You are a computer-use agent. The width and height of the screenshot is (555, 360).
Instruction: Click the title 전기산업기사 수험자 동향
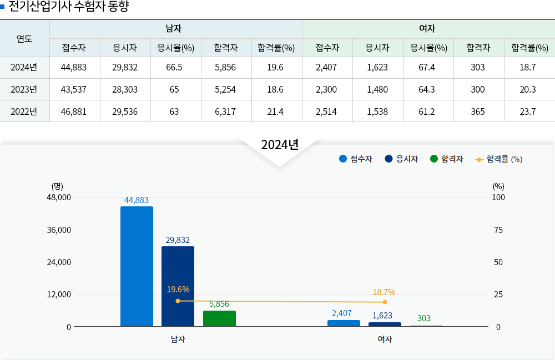(x=69, y=7)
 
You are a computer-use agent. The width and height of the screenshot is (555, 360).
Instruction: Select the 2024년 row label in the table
(x=24, y=68)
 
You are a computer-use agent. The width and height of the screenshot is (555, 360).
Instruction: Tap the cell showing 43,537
(x=74, y=89)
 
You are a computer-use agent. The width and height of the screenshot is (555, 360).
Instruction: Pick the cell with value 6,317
(x=225, y=111)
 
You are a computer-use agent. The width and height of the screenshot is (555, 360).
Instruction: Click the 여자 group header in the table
(x=427, y=28)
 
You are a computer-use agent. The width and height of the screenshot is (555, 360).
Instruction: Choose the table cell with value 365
(x=478, y=111)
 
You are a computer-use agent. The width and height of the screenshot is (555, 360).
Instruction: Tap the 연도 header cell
(x=24, y=38)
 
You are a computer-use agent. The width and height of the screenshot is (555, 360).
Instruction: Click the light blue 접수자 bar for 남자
(x=137, y=266)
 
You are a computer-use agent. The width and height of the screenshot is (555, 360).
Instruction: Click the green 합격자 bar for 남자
(x=219, y=318)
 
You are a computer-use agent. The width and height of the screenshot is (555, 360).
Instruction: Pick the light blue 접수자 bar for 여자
(x=344, y=323)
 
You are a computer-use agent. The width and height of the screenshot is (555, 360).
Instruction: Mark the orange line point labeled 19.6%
(x=178, y=301)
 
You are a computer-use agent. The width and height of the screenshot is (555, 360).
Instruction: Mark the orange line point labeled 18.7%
(x=385, y=302)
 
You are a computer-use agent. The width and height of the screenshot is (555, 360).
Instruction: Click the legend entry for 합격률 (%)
(x=499, y=159)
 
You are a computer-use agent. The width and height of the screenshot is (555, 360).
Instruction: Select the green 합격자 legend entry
(x=447, y=159)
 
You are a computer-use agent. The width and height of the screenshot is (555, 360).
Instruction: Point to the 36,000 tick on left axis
(x=60, y=230)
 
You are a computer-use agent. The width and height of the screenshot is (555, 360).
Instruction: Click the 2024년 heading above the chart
(x=280, y=145)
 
